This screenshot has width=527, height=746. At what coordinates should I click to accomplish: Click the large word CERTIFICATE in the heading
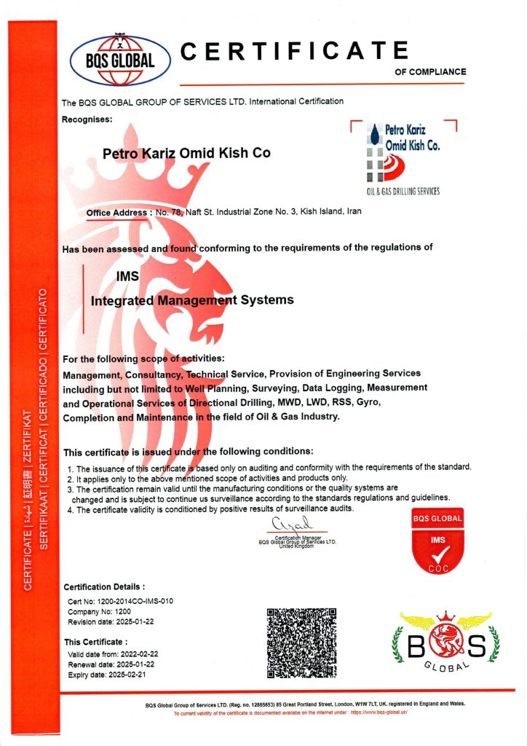(294, 51)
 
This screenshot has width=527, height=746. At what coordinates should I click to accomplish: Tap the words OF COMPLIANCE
(430, 72)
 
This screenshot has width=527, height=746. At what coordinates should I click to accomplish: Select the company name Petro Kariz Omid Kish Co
(186, 153)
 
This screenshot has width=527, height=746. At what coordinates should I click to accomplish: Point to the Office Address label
(116, 212)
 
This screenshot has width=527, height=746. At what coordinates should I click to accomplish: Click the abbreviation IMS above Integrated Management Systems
(127, 276)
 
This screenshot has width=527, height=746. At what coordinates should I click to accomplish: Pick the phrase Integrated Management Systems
(192, 299)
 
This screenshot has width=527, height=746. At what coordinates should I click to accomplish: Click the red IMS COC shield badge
(438, 540)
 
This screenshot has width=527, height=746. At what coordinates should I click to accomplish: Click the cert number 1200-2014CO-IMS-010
(119, 601)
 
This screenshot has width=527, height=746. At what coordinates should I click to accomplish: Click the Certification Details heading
(104, 586)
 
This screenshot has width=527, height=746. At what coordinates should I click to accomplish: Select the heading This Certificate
(96, 642)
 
